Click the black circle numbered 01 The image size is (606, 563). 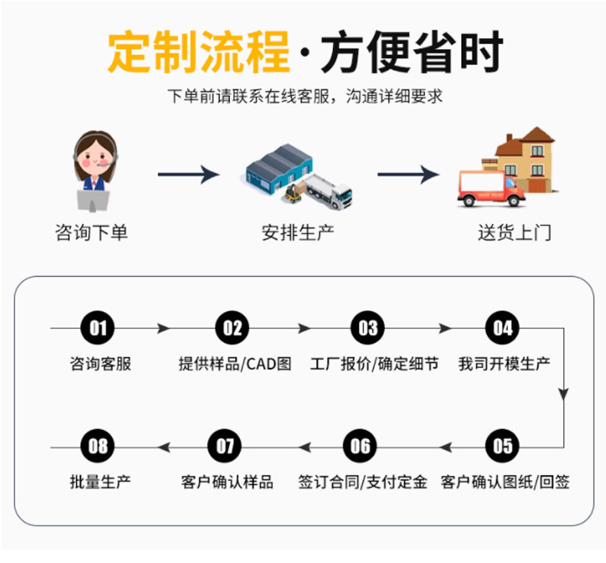tap(97, 328)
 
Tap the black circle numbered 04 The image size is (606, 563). tap(502, 328)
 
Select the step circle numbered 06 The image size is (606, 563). tap(360, 446)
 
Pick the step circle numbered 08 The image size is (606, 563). tap(97, 446)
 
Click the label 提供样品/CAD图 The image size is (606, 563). tap(235, 364)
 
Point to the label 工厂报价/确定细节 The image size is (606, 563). tap(374, 364)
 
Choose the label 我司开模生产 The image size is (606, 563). tap(504, 364)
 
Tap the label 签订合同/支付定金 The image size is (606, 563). tap(363, 482)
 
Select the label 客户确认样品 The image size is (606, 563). tap(227, 482)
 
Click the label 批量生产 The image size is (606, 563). tap(100, 482)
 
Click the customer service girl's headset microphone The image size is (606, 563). tap(104, 165)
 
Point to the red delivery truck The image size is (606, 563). tap(491, 188)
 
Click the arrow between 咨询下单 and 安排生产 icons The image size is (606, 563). tap(189, 175)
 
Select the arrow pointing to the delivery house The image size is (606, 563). tap(409, 175)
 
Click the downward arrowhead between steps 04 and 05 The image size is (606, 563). tap(564, 394)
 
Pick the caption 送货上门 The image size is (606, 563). tap(515, 233)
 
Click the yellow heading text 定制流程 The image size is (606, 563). tap(198, 52)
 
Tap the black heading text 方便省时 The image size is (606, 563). tap(413, 52)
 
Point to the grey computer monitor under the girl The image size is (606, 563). tap(93, 201)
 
